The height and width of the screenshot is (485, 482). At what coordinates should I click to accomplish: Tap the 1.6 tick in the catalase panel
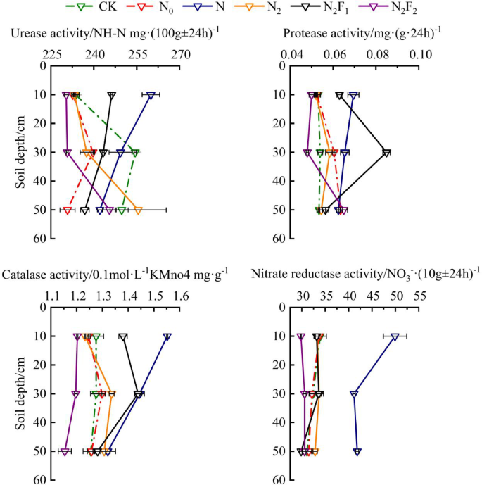tap(182, 295)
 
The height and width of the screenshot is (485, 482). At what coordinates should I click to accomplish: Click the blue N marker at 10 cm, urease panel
tap(151, 95)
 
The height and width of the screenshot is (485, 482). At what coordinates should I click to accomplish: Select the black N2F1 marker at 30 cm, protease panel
tap(386, 153)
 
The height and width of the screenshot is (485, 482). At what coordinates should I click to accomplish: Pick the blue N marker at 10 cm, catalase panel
tap(167, 337)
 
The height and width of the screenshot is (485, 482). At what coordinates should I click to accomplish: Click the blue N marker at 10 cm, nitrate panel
tap(395, 337)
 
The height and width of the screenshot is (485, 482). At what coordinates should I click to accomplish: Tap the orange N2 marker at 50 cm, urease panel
tap(139, 210)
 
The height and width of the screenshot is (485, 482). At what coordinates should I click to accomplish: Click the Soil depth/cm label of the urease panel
tap(22, 152)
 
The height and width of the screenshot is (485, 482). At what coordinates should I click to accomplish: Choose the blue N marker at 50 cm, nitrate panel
tap(357, 452)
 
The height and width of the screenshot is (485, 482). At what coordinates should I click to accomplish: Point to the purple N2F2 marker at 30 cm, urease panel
tap(68, 153)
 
